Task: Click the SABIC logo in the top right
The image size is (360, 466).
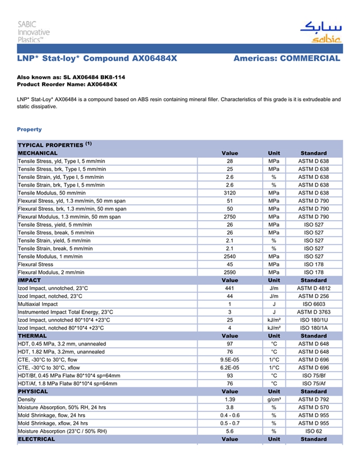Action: click(319, 32)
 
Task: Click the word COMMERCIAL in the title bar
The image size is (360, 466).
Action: click(310, 59)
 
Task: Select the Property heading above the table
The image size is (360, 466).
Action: click(29, 130)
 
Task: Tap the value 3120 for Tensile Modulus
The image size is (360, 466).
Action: click(230, 193)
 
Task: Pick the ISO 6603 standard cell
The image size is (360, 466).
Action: click(313, 304)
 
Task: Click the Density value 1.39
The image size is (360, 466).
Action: click(230, 400)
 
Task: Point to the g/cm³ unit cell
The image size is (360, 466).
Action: click(274, 400)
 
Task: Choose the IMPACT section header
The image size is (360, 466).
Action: click(29, 280)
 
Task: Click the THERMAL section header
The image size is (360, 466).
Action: click(32, 336)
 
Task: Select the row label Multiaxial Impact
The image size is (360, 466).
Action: click(38, 304)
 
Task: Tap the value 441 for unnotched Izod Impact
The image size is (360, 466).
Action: click(230, 288)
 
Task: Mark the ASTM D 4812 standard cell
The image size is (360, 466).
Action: click(313, 288)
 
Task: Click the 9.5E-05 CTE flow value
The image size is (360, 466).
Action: click(230, 360)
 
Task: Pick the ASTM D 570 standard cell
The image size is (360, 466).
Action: click(313, 407)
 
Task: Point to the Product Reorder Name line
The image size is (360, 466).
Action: click(67, 84)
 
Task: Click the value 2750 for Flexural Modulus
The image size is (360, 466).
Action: click(230, 217)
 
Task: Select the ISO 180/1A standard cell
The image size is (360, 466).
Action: click(313, 328)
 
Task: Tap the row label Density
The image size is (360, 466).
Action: click(27, 400)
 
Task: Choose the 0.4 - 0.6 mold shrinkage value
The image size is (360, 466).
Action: click(230, 415)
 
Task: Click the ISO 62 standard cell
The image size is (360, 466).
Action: click(313, 431)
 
